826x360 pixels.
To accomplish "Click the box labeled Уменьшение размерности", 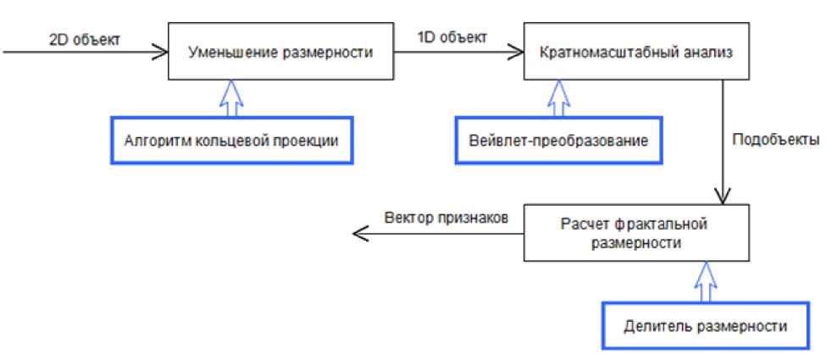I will [280, 52].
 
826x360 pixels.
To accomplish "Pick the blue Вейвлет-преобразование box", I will [558, 140].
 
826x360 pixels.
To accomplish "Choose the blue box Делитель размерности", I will [704, 325].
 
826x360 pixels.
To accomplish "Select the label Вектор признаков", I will [444, 216].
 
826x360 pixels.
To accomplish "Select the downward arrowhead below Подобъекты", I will [722, 197].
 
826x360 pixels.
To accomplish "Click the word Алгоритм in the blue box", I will [155, 140].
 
